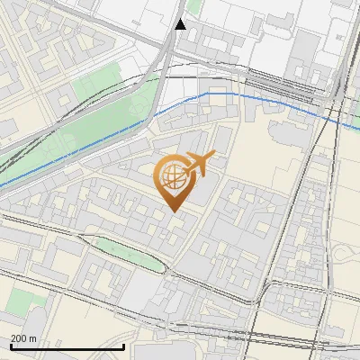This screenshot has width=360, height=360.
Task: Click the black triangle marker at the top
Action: point(181,24)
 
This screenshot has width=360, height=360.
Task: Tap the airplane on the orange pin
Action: point(199,163)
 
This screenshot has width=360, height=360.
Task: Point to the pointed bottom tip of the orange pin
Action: point(174,211)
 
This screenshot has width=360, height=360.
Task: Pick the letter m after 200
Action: point(33,337)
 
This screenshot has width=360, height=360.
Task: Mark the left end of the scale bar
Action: point(11,346)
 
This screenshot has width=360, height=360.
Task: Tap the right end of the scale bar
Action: point(123,346)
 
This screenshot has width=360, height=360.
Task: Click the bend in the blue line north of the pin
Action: point(208,92)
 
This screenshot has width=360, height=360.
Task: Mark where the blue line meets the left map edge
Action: point(1,185)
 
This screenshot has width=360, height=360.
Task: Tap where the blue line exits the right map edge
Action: point(358,125)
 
